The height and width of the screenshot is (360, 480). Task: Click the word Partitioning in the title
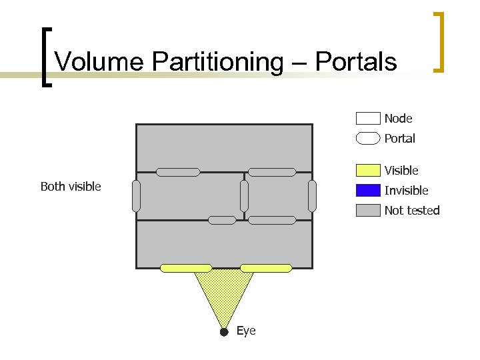217,61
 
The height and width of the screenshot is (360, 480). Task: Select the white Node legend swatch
368,119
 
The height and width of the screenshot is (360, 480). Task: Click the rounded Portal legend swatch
368,139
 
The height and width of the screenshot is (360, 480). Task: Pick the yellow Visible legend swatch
368,171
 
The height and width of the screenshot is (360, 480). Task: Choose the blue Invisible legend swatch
368,191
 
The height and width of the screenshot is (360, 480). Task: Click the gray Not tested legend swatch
368,211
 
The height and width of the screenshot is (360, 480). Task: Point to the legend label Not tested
412,211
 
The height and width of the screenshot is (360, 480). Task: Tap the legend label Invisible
406,191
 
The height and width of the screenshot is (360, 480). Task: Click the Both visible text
71,187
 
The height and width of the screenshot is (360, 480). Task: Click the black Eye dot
224,331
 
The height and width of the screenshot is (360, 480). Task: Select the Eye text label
246,331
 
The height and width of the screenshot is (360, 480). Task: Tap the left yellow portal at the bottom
186,268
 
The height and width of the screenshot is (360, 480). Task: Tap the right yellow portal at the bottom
266,268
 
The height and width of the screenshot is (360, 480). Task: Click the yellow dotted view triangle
224,293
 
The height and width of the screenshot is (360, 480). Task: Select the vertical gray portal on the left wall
137,196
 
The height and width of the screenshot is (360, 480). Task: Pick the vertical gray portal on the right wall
312,196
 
